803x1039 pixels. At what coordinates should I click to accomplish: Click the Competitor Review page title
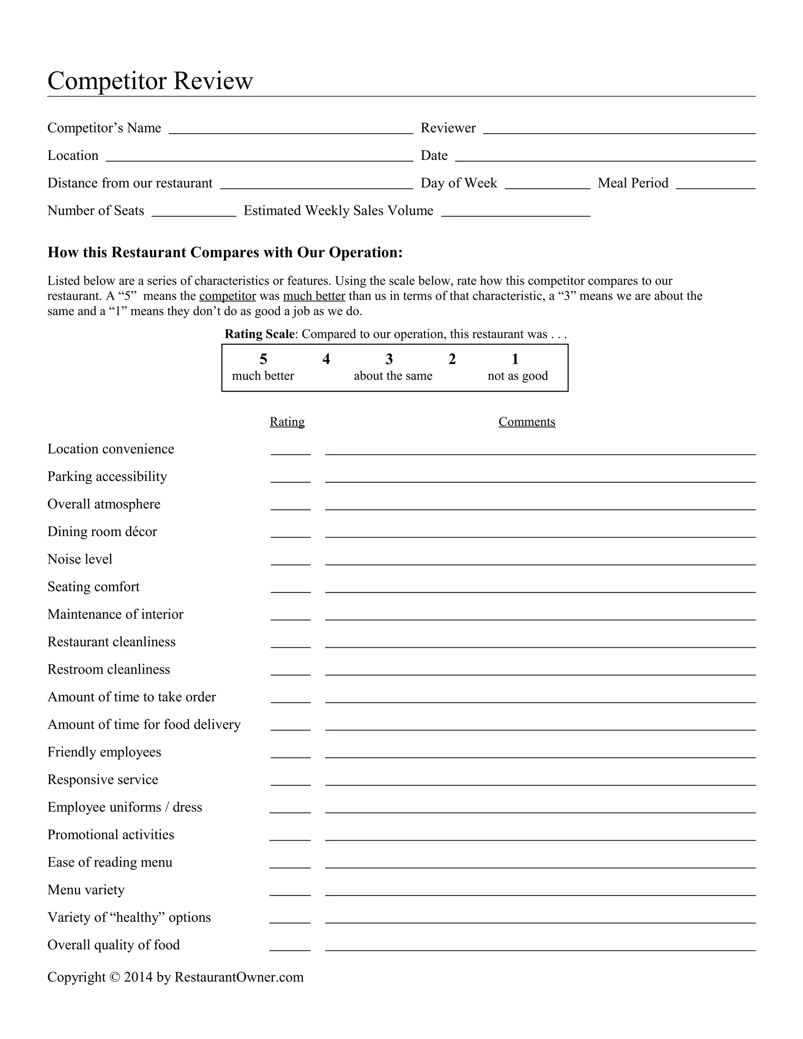(x=150, y=80)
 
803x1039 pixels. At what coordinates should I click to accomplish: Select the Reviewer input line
(x=619, y=129)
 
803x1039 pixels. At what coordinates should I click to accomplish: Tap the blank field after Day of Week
(x=547, y=185)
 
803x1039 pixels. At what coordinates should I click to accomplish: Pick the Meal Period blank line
(x=715, y=185)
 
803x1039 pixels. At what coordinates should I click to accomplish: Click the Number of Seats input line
(x=194, y=212)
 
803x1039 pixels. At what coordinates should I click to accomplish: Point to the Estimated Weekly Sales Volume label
(x=338, y=211)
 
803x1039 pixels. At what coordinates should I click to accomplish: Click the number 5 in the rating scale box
(x=263, y=359)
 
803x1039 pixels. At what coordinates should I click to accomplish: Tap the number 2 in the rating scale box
(x=452, y=359)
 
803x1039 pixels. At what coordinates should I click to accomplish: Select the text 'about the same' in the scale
(x=393, y=376)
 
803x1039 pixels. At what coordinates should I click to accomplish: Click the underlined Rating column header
(x=287, y=422)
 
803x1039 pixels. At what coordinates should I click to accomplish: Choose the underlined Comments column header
(x=527, y=422)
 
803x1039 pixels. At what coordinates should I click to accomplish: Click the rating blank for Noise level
(x=290, y=561)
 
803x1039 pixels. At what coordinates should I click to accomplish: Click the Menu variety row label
(x=86, y=890)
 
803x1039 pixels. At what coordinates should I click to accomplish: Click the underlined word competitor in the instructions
(x=227, y=296)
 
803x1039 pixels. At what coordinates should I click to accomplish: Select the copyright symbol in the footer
(x=114, y=977)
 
